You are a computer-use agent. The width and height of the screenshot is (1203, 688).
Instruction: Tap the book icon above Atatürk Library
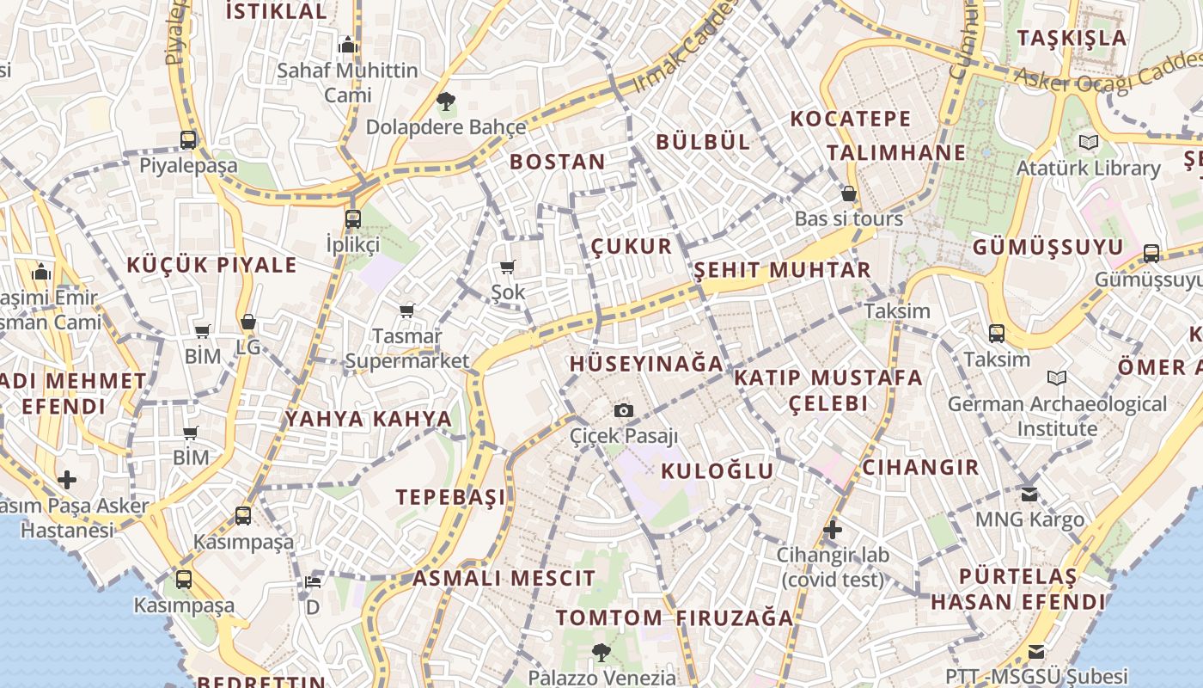(1089, 143)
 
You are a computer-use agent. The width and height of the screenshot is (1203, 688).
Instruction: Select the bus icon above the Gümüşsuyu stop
(1151, 253)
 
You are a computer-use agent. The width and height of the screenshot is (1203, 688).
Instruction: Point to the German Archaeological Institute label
(1057, 415)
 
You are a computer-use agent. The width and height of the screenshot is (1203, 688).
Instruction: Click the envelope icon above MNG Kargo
(1029, 494)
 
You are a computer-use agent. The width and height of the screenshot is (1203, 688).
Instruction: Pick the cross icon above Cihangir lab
(832, 530)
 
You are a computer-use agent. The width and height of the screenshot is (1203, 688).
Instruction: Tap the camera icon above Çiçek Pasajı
(624, 411)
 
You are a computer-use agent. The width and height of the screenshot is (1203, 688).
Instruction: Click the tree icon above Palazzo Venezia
(601, 653)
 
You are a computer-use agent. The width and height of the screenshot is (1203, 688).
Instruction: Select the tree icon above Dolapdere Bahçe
(445, 102)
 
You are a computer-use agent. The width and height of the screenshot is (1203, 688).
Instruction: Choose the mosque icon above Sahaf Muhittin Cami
(348, 45)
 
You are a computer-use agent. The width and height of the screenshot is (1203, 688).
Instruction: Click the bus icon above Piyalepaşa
(188, 139)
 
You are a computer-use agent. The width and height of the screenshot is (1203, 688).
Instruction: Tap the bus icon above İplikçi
(353, 218)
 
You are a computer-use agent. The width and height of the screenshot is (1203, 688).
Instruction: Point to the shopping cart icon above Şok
(508, 267)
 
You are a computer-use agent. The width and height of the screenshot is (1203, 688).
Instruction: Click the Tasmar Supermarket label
(407, 348)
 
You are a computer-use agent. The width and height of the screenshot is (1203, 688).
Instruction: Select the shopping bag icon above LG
(248, 322)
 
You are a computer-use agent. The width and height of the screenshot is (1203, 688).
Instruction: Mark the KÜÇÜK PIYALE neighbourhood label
(211, 265)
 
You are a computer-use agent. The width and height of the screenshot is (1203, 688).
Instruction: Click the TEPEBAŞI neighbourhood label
(450, 497)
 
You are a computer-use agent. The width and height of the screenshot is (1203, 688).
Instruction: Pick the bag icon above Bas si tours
(849, 193)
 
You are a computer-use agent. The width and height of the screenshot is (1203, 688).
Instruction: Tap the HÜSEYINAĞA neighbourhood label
(646, 364)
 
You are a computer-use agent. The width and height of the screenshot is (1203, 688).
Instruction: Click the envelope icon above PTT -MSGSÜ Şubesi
(1036, 652)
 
